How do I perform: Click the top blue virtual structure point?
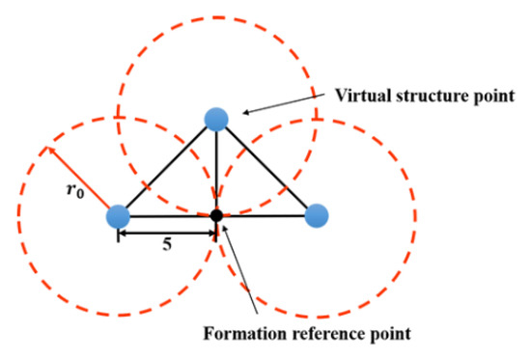[216, 119]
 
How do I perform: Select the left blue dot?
[118, 215]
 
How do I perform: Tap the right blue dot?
[316, 215]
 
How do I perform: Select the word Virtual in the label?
[360, 97]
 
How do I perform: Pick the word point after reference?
[386, 335]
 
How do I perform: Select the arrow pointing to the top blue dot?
[280, 105]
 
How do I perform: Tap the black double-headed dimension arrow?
[165, 232]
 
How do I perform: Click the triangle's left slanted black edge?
[167, 167]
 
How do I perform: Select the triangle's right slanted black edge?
[266, 167]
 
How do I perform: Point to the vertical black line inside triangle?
[216, 169]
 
